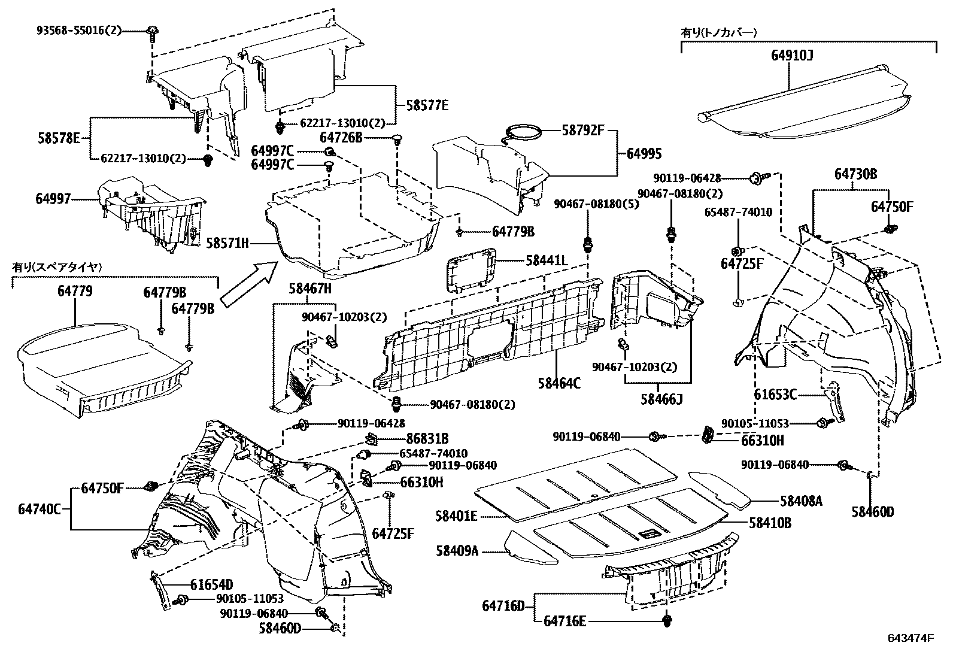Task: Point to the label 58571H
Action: click(x=227, y=243)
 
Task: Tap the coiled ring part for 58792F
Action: click(x=524, y=133)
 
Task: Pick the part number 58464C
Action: click(x=560, y=384)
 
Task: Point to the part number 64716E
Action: click(x=564, y=621)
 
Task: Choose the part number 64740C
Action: click(x=40, y=509)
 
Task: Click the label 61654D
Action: click(x=211, y=584)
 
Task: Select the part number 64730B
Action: click(x=856, y=174)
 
